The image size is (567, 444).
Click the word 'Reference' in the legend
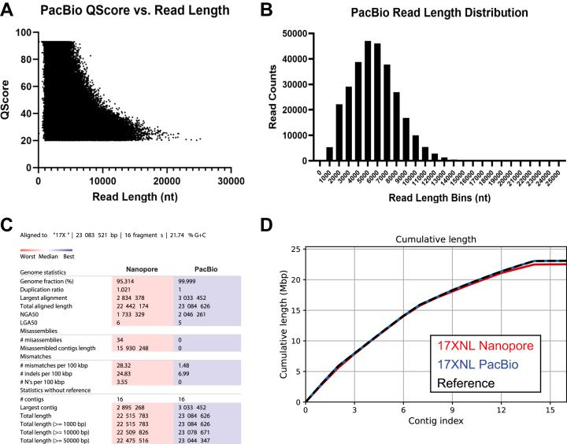click(x=470, y=383)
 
